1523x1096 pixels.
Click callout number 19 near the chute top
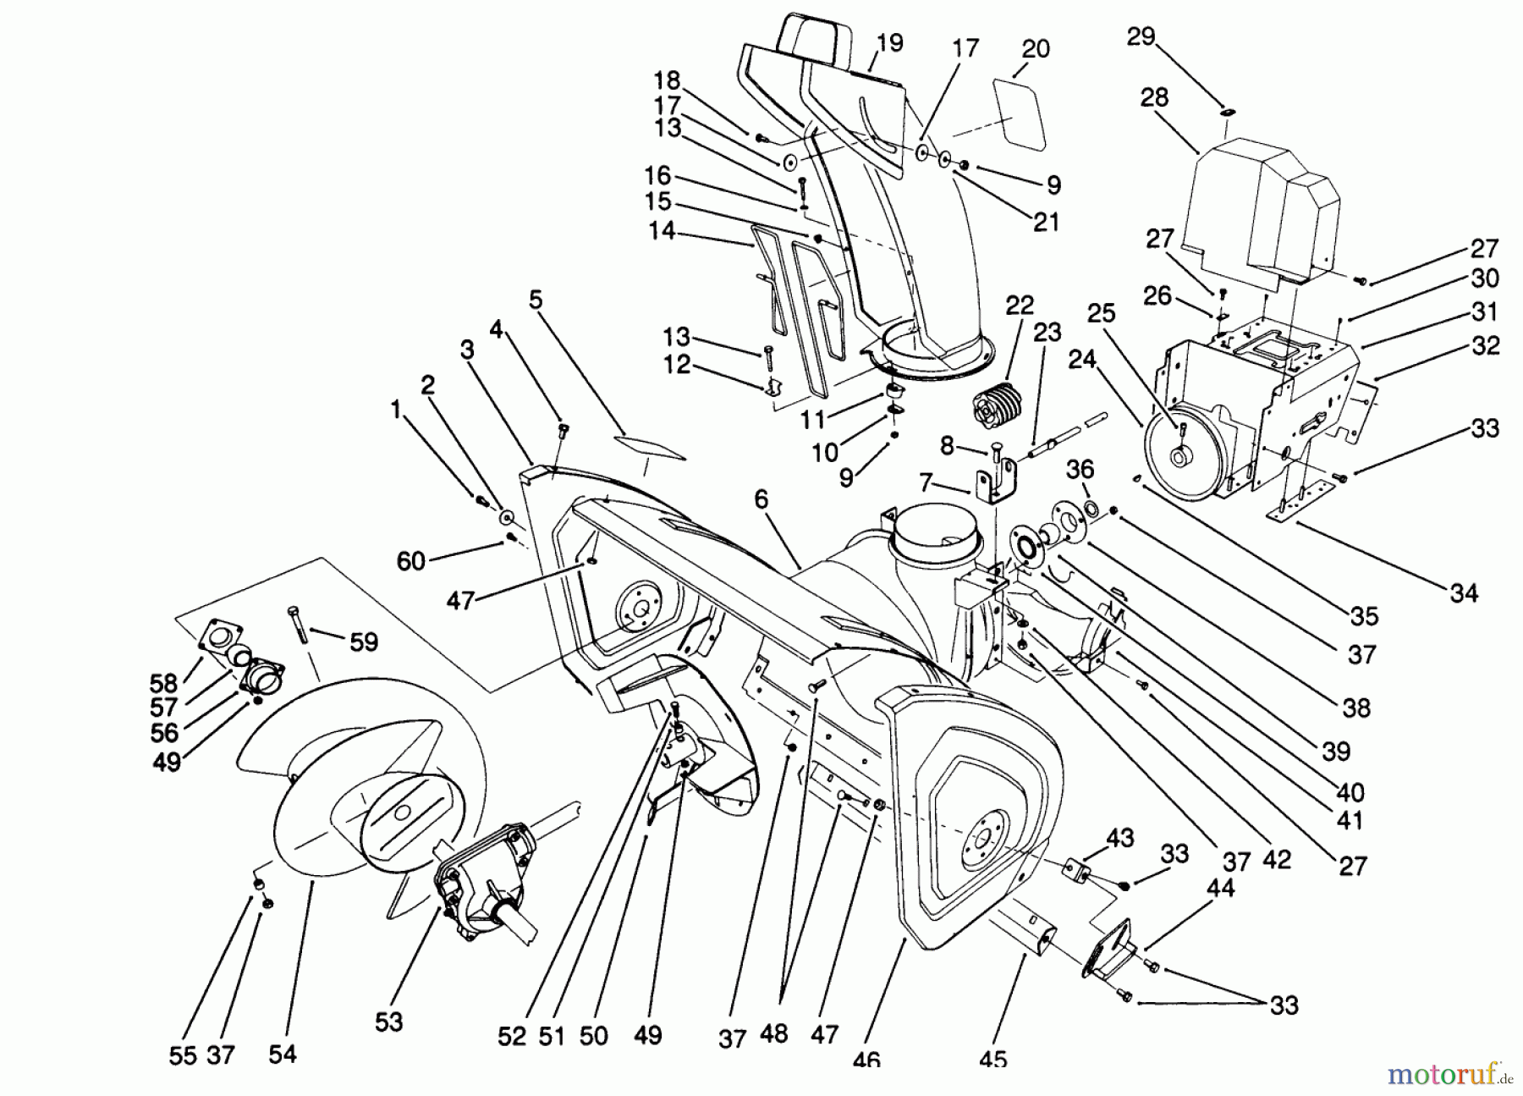pyautogui.click(x=889, y=43)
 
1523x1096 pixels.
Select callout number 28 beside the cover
pyautogui.click(x=1153, y=97)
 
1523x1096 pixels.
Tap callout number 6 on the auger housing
pyautogui.click(x=761, y=500)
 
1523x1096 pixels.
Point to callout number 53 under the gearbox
pyautogui.click(x=388, y=1023)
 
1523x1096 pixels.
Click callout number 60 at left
pyautogui.click(x=410, y=560)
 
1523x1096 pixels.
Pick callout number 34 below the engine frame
pyautogui.click(x=1463, y=593)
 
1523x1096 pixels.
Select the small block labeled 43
pyautogui.click(x=1077, y=870)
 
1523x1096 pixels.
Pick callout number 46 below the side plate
pyautogui.click(x=867, y=1059)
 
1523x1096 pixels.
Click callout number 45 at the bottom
pyautogui.click(x=994, y=1059)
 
